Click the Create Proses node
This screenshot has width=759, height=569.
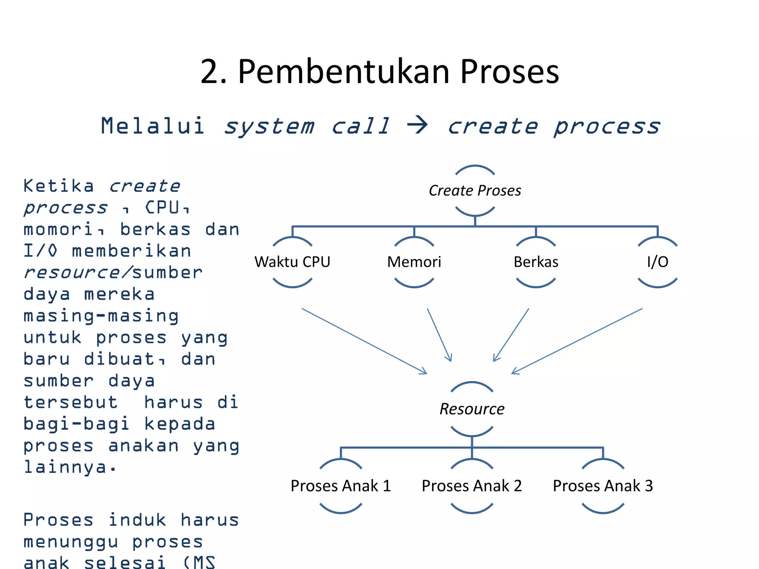475,190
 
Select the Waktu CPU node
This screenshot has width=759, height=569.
292,262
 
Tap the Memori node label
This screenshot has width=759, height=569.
414,262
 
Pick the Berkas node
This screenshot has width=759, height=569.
536,262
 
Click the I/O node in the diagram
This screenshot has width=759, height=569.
657,262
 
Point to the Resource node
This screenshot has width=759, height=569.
472,409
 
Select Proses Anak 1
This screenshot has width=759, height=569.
341,486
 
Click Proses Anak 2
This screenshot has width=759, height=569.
472,486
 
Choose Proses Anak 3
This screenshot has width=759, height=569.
603,486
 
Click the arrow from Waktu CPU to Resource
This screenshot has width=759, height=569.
364,341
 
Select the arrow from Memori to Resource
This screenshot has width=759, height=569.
439,335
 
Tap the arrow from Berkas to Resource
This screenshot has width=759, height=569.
511,335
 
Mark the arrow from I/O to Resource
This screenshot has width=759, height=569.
577,341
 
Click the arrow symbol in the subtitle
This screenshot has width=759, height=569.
418,125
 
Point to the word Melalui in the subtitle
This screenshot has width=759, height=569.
153,126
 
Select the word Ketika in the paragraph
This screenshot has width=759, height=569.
59,186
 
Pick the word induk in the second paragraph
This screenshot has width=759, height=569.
137,520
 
